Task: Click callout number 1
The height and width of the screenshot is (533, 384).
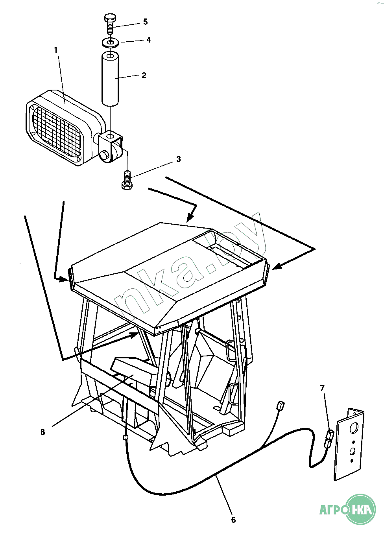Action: tap(55, 50)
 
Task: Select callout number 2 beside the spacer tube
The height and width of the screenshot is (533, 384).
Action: tap(144, 75)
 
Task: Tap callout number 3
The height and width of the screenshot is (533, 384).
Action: tap(179, 159)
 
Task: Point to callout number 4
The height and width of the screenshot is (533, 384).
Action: tap(149, 40)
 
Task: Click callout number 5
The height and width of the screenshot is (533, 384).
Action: tap(146, 22)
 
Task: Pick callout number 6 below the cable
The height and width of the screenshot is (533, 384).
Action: tap(233, 520)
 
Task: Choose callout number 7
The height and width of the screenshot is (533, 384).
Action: tap(323, 388)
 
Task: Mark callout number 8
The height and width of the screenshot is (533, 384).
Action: tap(43, 432)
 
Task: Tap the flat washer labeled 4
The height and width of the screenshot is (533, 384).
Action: tap(111, 42)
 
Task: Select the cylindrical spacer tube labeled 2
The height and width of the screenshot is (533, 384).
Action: tap(110, 79)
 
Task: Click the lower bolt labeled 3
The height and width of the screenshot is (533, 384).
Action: tap(127, 181)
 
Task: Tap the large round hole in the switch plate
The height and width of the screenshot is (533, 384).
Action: tap(354, 428)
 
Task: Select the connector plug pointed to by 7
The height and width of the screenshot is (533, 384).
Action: tap(329, 439)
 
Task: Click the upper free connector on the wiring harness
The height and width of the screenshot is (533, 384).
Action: tap(281, 405)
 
